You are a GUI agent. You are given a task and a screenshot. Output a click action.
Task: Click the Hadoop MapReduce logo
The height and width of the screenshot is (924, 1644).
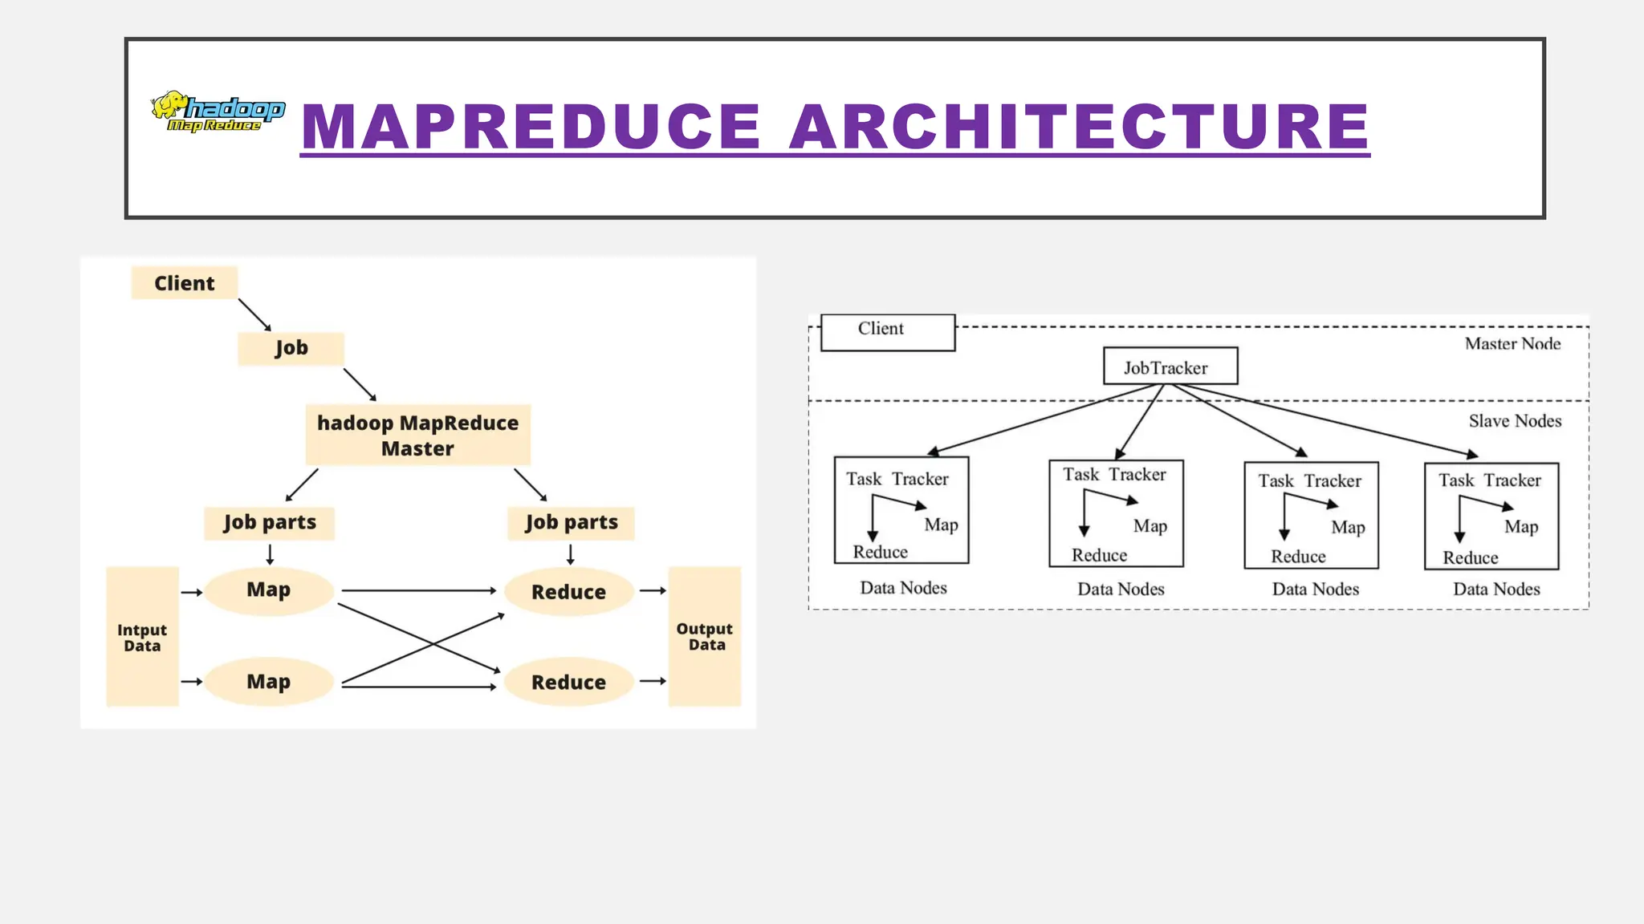click(218, 111)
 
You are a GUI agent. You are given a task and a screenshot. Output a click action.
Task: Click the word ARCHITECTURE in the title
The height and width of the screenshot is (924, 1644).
click(1079, 127)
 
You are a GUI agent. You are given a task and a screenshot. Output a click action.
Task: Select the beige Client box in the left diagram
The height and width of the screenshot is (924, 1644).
click(185, 283)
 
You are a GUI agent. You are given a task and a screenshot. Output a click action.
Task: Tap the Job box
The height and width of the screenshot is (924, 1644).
click(291, 348)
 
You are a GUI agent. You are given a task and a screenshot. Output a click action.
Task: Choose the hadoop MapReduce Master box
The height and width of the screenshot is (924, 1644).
click(417, 436)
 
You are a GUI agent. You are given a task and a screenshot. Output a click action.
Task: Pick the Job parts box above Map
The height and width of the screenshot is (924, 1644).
click(269, 523)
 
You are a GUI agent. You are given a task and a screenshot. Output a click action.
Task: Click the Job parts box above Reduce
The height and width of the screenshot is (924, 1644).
click(571, 523)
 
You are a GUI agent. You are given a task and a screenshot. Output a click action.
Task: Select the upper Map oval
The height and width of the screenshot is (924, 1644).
click(268, 590)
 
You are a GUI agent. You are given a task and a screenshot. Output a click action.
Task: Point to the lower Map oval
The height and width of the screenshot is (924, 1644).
click(268, 682)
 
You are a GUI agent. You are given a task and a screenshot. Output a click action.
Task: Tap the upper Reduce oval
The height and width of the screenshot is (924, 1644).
click(568, 592)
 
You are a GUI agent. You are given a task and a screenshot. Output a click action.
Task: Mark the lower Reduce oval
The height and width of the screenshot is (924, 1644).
click(568, 683)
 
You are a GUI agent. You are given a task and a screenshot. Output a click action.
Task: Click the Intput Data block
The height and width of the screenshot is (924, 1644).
click(142, 637)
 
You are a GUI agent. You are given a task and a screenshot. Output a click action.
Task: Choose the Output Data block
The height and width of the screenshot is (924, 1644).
click(705, 636)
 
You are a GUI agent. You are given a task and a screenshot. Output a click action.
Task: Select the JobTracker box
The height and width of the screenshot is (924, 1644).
click(1170, 367)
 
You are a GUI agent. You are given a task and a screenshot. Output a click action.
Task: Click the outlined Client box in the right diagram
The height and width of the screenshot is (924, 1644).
click(887, 332)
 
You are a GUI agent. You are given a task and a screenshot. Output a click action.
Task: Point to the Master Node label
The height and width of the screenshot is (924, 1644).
click(1512, 344)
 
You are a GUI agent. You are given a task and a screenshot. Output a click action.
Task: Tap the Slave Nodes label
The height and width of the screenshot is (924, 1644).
click(1515, 421)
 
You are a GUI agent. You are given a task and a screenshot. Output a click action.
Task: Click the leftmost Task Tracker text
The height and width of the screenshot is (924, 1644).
click(897, 479)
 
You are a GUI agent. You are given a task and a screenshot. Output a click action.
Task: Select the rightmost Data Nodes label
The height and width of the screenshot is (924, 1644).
click(1496, 590)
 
